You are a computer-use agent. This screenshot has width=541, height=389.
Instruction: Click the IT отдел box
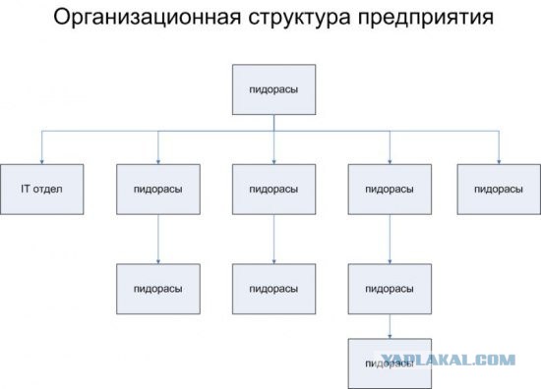[41, 188]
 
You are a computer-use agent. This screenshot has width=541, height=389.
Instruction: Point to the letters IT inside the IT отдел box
[26, 188]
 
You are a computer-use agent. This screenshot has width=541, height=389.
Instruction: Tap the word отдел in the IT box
[47, 188]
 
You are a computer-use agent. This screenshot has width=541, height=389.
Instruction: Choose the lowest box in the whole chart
[389, 362]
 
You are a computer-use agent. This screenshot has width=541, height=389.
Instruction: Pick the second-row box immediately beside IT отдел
[157, 188]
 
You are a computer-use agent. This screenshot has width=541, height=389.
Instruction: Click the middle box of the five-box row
[273, 188]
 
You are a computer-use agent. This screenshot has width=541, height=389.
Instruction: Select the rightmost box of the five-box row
[498, 188]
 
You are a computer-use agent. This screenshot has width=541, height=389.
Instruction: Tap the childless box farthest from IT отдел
[498, 188]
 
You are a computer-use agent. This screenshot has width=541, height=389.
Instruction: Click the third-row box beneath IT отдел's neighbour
[157, 289]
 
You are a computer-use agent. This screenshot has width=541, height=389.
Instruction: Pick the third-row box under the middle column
[273, 289]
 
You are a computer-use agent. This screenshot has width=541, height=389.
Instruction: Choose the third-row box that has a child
[389, 289]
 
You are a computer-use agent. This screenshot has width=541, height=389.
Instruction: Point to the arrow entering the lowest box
[390, 335]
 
